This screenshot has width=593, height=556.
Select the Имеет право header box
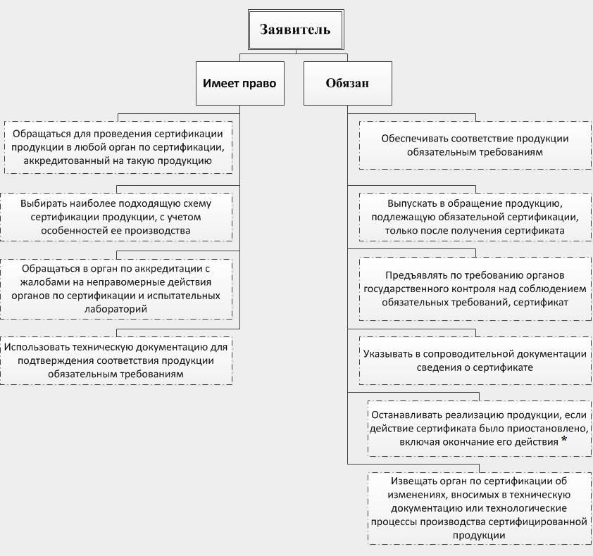239,83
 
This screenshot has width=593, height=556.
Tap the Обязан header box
347,83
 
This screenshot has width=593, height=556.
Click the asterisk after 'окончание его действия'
565,441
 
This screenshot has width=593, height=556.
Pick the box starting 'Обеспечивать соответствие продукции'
475,145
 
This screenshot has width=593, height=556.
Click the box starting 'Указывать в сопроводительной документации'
475,360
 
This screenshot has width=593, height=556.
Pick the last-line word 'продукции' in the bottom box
478,535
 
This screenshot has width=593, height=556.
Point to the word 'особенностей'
70,229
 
